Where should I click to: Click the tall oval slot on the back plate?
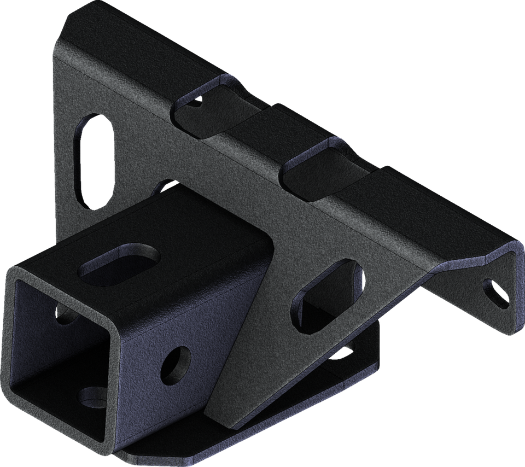pyautogui.click(x=94, y=160)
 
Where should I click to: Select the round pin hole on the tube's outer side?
pyautogui.click(x=176, y=363)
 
